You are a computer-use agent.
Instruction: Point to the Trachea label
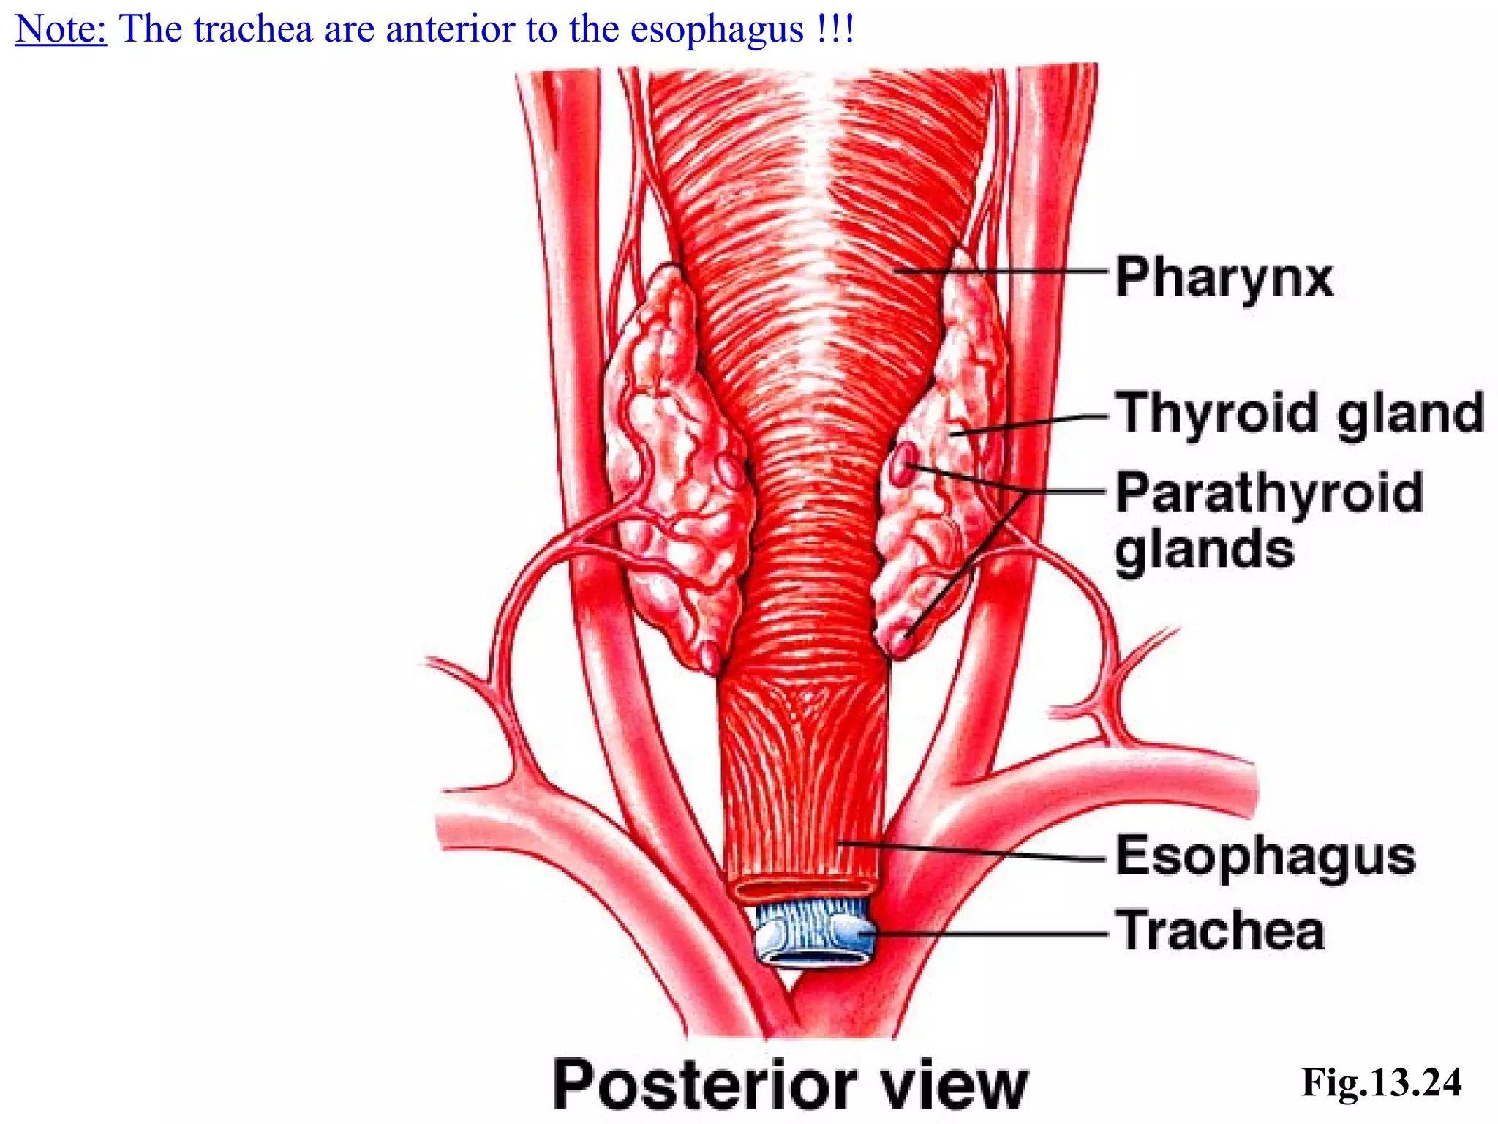point(1219,931)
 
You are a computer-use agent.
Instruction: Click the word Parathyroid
point(1269,493)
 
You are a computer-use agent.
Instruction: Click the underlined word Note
point(61,29)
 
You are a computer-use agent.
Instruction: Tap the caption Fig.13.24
point(1381,1082)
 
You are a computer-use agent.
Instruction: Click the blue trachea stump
point(814,937)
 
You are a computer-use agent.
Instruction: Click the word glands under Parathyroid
point(1204,550)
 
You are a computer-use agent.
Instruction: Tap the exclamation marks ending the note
point(833,29)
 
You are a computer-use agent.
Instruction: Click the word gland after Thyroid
point(1409,414)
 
